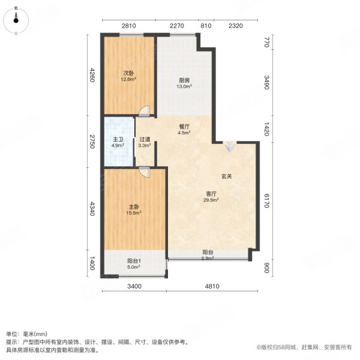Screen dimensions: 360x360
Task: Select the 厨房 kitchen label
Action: tap(184, 83)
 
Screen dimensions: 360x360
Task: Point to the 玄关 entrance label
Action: tap(226, 176)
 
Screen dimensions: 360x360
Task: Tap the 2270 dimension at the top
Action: tap(176, 26)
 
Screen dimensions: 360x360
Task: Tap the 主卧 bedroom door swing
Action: tap(143, 171)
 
